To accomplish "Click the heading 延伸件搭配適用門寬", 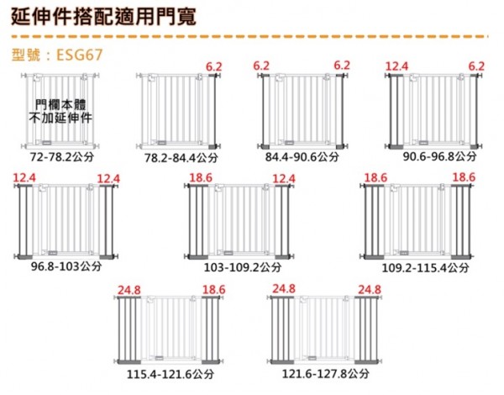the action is (103, 17).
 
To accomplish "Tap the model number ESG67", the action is (80, 55).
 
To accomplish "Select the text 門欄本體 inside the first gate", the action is (60, 105).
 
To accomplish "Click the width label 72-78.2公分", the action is (62, 157).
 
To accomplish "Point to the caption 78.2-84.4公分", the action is (181, 158).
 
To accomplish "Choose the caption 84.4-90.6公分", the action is (302, 157).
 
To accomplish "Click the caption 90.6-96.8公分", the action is (439, 156).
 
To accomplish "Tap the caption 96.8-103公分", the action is (66, 266).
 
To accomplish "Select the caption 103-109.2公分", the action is (243, 267).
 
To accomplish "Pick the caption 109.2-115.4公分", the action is (425, 267).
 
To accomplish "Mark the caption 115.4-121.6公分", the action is (171, 374).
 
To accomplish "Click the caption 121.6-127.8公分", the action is (326, 373).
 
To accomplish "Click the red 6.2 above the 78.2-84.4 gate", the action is (214, 67).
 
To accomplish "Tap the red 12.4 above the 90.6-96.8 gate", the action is (397, 66).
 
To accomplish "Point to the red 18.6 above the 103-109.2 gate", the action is (201, 178).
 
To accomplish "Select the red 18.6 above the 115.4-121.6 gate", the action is (213, 290).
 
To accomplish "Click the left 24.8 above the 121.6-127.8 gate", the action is (284, 288).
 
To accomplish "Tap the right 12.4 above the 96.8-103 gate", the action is (108, 179).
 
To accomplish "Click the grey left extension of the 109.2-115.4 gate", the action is (374, 222).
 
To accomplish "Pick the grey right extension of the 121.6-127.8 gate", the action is (366, 330).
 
